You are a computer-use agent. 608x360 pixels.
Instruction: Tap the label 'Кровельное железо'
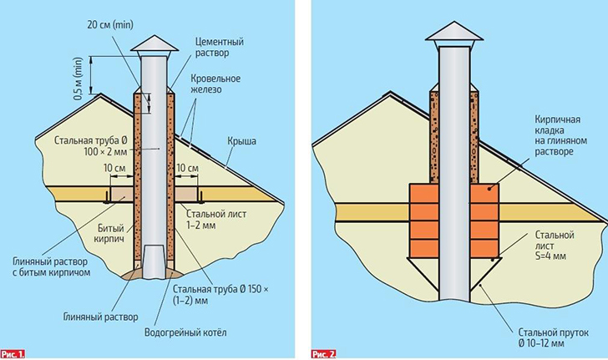point(218,84)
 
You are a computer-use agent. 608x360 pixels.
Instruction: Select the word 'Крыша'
point(241,141)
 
